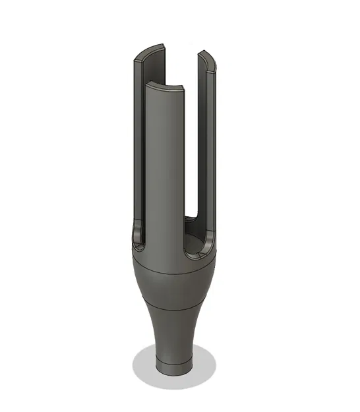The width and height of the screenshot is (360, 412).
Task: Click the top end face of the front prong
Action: point(165,86)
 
